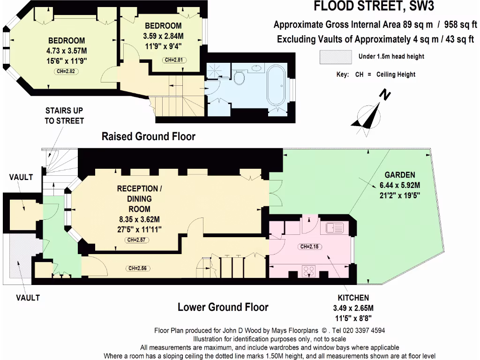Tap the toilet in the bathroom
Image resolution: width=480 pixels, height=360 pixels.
[x=240, y=77]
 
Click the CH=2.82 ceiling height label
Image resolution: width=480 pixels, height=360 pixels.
[x=66, y=71]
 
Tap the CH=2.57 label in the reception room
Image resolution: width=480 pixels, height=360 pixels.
[x=138, y=240]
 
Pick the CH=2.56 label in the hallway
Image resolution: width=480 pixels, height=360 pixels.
[x=140, y=269]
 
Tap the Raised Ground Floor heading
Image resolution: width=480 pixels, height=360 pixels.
[x=148, y=136]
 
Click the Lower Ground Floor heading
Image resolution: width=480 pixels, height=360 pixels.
[x=223, y=307]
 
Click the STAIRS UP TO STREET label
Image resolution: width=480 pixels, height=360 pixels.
[x=65, y=116]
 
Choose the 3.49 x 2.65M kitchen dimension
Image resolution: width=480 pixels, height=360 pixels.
[x=353, y=308]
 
